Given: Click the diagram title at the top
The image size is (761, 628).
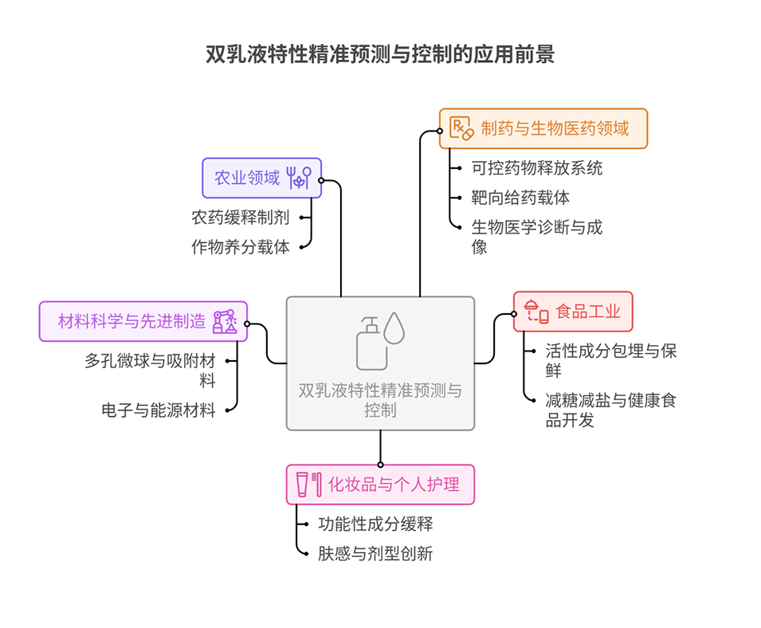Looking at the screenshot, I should click(379, 54).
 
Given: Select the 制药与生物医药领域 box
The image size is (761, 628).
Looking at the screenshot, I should click(543, 128).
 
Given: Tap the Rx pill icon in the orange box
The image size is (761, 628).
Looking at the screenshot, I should click(461, 128).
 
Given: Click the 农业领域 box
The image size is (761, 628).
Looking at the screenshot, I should click(261, 178).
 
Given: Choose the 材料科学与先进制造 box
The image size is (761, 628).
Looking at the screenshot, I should click(143, 322).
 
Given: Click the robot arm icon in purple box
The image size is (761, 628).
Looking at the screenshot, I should click(225, 321).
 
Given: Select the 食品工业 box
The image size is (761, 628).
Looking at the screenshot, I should click(573, 311).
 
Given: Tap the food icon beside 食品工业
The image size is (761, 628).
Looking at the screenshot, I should click(535, 311).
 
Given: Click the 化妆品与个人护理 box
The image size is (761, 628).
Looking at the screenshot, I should click(380, 485).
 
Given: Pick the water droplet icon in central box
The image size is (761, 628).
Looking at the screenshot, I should click(395, 328).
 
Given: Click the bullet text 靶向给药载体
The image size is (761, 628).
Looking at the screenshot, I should click(520, 198).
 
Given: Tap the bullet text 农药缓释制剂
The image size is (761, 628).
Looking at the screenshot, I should click(240, 216).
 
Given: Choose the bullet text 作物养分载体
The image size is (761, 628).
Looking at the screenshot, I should click(240, 246).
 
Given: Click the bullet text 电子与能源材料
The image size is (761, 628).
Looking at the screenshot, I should click(159, 410).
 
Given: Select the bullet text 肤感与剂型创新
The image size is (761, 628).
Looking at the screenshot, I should click(375, 553).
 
